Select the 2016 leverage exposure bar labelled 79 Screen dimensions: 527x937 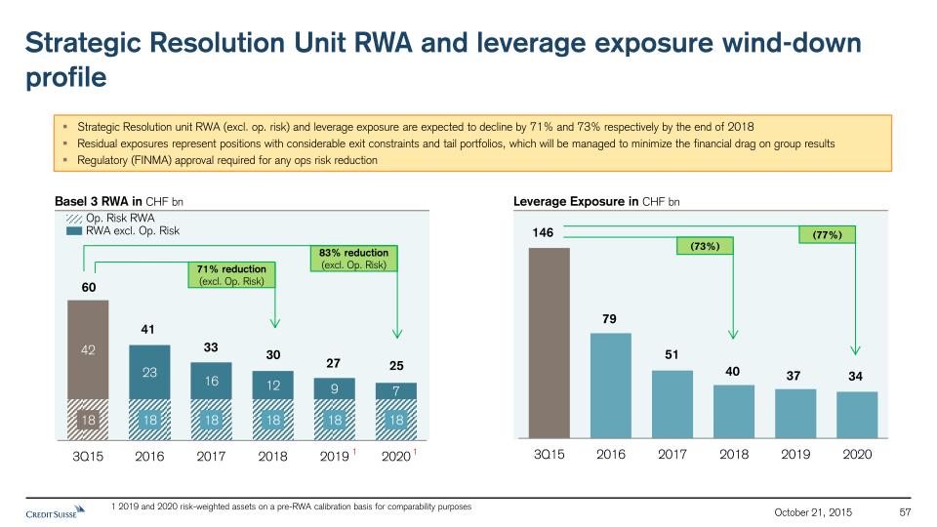click(x=611, y=385)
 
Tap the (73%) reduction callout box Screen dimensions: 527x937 click(x=705, y=247)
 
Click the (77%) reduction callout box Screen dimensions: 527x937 click(x=827, y=234)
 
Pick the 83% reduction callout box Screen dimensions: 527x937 click(x=353, y=258)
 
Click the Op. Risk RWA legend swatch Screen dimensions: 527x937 click(x=73, y=218)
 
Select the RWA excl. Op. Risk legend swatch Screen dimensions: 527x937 click(x=73, y=231)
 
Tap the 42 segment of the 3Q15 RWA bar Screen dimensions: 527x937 click(x=88, y=349)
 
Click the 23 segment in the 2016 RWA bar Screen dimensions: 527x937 click(x=149, y=372)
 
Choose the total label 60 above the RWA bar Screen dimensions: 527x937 click(x=88, y=287)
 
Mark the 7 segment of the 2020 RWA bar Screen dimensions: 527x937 click(x=395, y=390)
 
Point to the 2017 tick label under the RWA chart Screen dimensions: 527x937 click(x=211, y=455)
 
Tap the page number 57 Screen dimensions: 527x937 click(x=904, y=512)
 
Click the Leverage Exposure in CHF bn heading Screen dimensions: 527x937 click(x=596, y=202)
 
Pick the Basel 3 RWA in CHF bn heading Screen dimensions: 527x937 click(x=118, y=202)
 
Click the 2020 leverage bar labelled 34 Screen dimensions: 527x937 click(x=857, y=415)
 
